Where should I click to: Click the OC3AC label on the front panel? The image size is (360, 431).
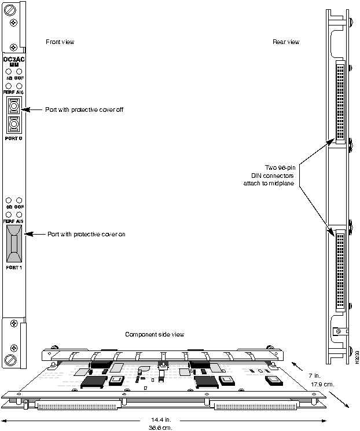[14, 59]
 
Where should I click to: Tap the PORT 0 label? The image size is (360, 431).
[14, 139]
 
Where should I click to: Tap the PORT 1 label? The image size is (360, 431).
[14, 268]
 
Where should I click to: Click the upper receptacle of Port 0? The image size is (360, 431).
[14, 107]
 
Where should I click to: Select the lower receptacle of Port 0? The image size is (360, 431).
[14, 125]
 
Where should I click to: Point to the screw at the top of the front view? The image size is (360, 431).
[14, 22]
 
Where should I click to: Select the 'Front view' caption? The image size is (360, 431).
[60, 42]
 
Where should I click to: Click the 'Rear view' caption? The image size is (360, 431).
[286, 42]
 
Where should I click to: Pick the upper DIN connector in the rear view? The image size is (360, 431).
[340, 101]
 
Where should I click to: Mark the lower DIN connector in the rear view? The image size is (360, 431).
[340, 269]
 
